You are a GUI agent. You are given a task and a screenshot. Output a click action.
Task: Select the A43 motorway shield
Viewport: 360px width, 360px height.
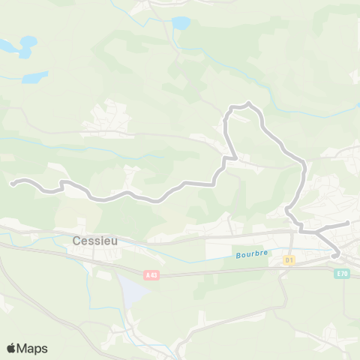(x=152, y=275)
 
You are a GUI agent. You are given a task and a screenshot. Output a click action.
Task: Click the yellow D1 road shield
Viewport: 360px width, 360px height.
(x=289, y=259)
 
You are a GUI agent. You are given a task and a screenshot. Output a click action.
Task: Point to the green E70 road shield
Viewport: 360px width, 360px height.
(x=342, y=274)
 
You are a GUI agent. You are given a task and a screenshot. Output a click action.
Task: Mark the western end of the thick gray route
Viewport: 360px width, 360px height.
(x=11, y=182)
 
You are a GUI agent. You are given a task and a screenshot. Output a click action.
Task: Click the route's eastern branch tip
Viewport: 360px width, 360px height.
(x=349, y=223)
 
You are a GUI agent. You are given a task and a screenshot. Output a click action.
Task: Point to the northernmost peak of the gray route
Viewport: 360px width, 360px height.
(x=248, y=103)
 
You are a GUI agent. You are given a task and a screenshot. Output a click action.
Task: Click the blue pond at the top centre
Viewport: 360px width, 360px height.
(x=181, y=23)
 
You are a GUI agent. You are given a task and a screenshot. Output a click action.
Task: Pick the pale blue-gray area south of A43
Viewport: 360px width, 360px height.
(x=129, y=291)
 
